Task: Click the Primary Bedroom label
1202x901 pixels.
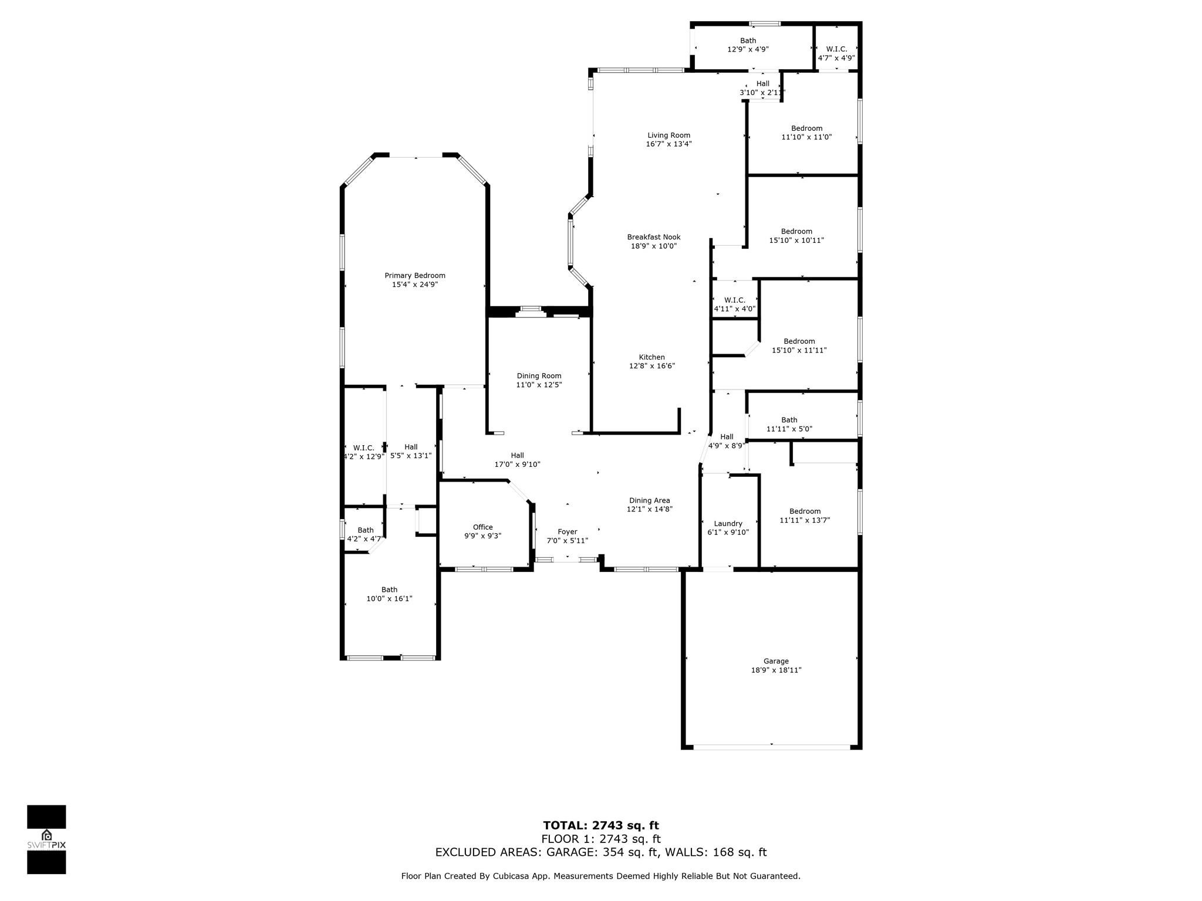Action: (415, 276)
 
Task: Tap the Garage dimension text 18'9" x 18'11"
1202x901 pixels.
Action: (776, 670)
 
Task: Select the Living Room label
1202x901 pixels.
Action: (668, 136)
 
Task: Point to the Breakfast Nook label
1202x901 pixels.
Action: (654, 237)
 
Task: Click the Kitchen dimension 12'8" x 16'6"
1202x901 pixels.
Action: (652, 366)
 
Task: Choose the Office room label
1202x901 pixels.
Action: (482, 527)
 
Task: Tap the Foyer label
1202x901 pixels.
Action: (568, 532)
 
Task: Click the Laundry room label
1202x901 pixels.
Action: (728, 524)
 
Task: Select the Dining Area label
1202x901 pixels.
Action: (649, 500)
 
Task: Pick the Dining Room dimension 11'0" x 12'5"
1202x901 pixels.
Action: (539, 385)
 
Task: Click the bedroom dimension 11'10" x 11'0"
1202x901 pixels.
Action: (806, 137)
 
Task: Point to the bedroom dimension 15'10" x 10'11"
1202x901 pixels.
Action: (796, 241)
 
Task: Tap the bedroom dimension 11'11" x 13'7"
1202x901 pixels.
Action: (805, 520)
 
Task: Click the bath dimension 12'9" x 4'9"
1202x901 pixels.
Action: (748, 50)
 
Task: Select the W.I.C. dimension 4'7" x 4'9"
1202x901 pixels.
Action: (836, 58)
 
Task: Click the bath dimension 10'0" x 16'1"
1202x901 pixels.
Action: (389, 599)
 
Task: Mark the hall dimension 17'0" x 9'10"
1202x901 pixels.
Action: (517, 465)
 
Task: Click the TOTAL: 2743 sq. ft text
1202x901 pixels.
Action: (601, 826)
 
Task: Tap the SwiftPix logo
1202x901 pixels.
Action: (46, 839)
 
